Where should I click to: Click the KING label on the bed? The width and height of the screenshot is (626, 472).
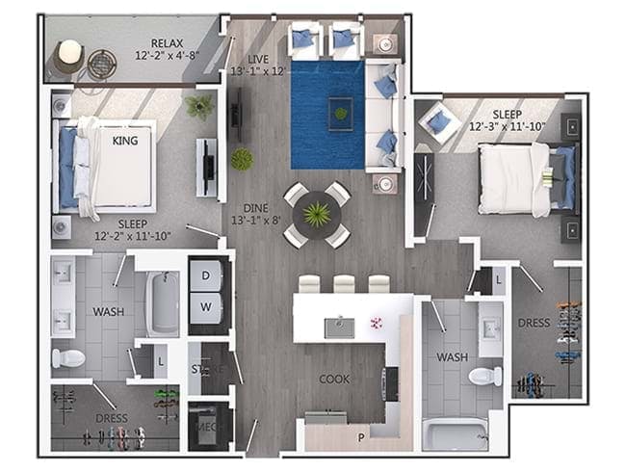[125, 141]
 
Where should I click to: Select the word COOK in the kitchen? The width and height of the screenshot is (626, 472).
[334, 379]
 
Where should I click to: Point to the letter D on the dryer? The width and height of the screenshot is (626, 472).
[204, 273]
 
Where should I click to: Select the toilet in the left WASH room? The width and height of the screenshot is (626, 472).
[68, 358]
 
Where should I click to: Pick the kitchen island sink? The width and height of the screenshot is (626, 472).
[339, 327]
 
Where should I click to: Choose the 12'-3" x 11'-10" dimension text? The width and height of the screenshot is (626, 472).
[507, 125]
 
